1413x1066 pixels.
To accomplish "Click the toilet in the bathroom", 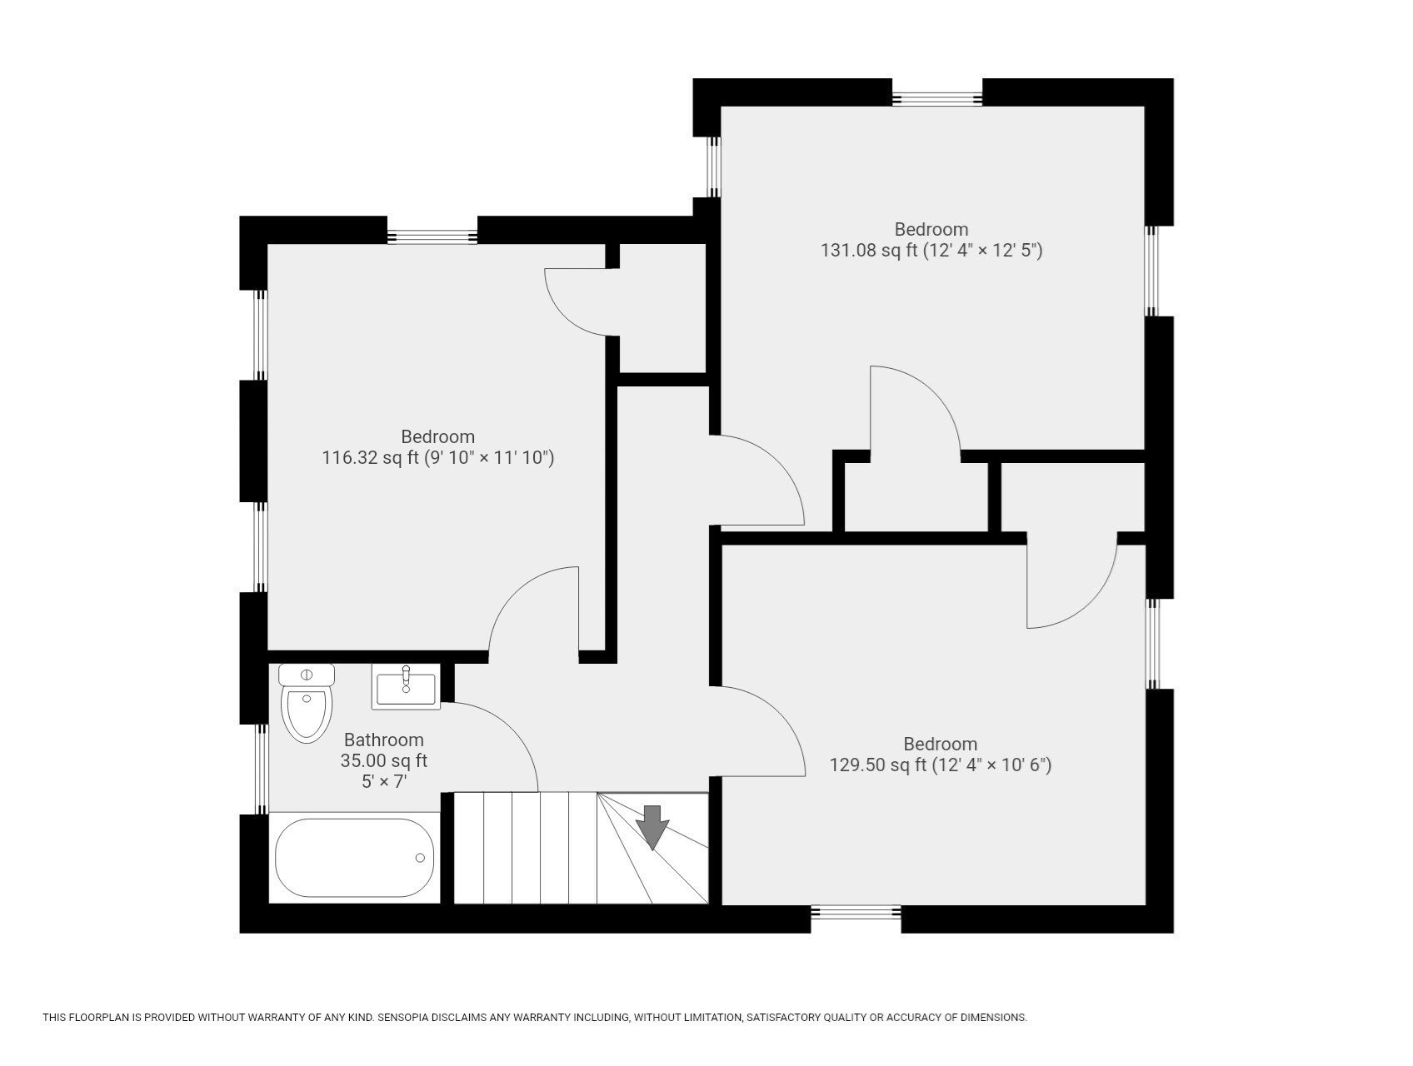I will click(307, 705).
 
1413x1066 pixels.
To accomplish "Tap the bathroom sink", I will click(406, 688).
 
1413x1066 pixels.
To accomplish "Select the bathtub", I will click(355, 858).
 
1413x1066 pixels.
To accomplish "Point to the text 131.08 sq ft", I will click(868, 250).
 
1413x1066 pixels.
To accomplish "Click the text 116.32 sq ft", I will click(370, 457).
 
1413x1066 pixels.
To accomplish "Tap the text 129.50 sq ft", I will click(877, 765).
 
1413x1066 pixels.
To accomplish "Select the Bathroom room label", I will click(383, 740).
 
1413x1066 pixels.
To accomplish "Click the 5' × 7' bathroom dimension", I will click(383, 781).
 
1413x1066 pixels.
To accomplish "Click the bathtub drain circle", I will click(421, 858).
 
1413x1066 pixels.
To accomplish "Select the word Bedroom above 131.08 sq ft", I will click(931, 229).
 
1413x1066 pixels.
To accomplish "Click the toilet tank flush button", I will click(307, 675).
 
